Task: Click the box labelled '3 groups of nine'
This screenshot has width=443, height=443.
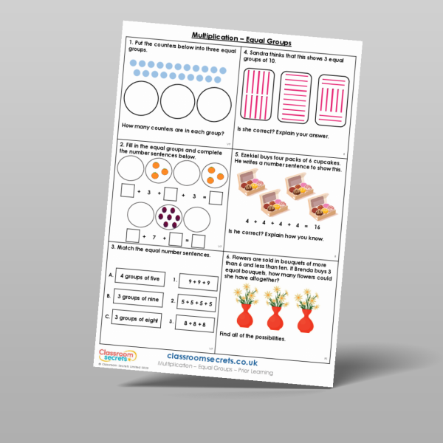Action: (137, 298)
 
